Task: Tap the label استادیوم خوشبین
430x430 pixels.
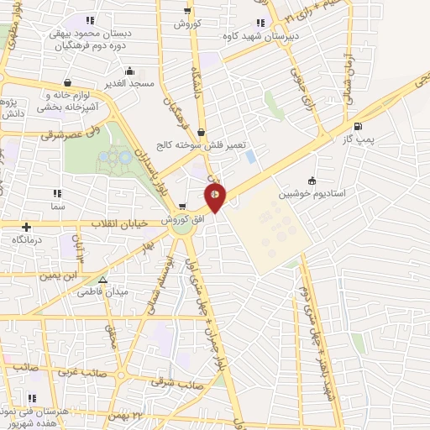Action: (x=345, y=192)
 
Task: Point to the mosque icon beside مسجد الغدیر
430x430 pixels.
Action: (x=129, y=71)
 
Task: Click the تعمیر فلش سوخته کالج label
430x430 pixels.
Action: (x=202, y=144)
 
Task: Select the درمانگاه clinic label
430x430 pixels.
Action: (x=29, y=239)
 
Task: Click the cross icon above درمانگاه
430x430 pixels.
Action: (x=28, y=227)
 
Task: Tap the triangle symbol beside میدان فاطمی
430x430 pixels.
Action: (x=102, y=281)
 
